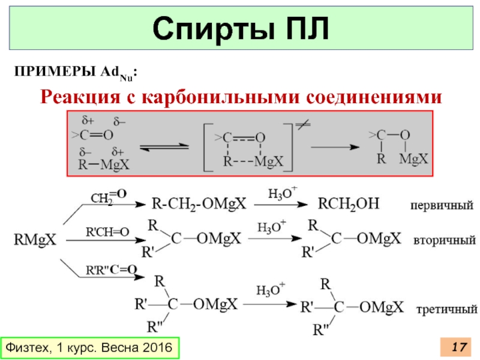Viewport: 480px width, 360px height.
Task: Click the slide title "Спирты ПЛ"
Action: pos(240,29)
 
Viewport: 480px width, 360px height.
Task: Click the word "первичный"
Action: pos(441,205)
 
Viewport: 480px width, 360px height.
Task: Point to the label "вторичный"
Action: pos(444,240)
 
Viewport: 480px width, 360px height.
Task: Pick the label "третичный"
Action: pos(446,310)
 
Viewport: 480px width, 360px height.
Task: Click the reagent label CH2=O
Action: pos(108,195)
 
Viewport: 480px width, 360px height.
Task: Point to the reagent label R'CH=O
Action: pos(108,232)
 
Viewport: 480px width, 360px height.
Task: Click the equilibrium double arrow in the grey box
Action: pos(164,146)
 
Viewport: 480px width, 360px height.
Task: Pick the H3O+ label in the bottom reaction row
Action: pos(271,290)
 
